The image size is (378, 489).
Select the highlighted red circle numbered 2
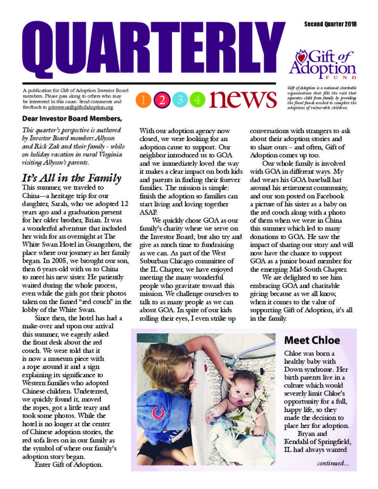pyautogui.click(x=162, y=100)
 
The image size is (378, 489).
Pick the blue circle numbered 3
pyautogui.click(x=180, y=100)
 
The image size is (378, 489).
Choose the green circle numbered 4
pyautogui.click(x=198, y=100)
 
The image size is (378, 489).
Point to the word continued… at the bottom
pyautogui.click(x=333, y=463)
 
